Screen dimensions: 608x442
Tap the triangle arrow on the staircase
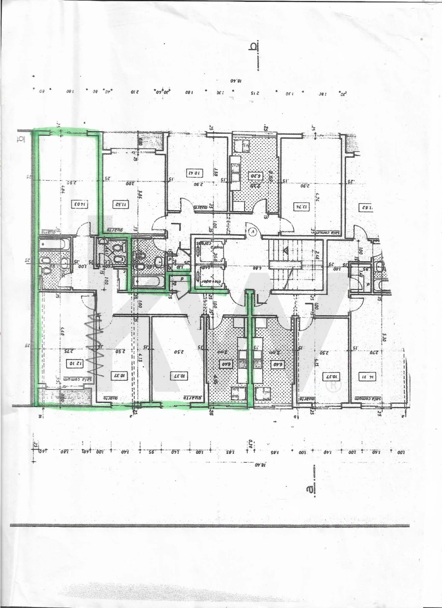(286, 250)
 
